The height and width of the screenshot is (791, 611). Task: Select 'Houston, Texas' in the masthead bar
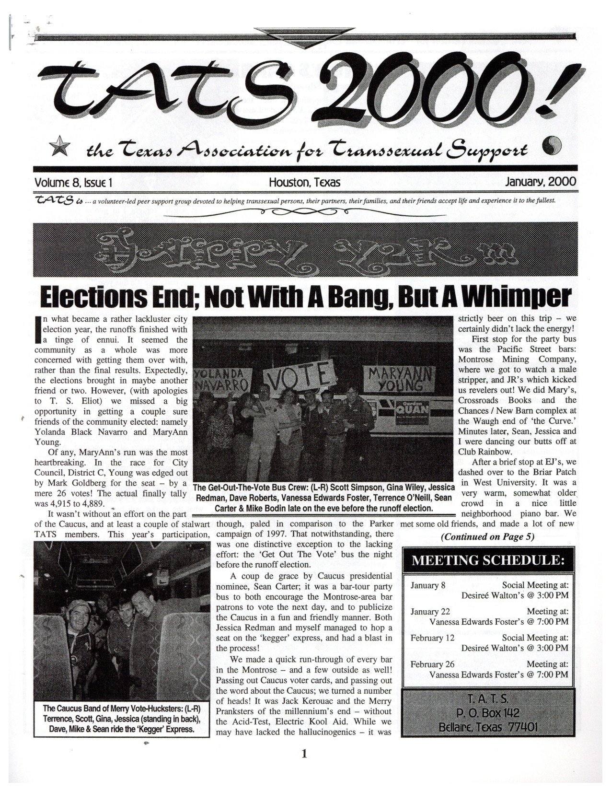pyautogui.click(x=304, y=182)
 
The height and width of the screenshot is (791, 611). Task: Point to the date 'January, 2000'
pyautogui.click(x=541, y=182)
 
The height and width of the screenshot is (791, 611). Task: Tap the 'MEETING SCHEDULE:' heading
pyautogui.click(x=488, y=560)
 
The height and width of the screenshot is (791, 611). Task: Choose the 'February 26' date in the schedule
pyautogui.click(x=431, y=664)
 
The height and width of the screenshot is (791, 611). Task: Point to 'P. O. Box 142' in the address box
pyautogui.click(x=489, y=713)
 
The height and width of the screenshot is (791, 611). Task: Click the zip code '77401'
pyautogui.click(x=521, y=727)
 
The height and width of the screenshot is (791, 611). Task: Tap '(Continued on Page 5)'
pyautogui.click(x=487, y=536)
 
